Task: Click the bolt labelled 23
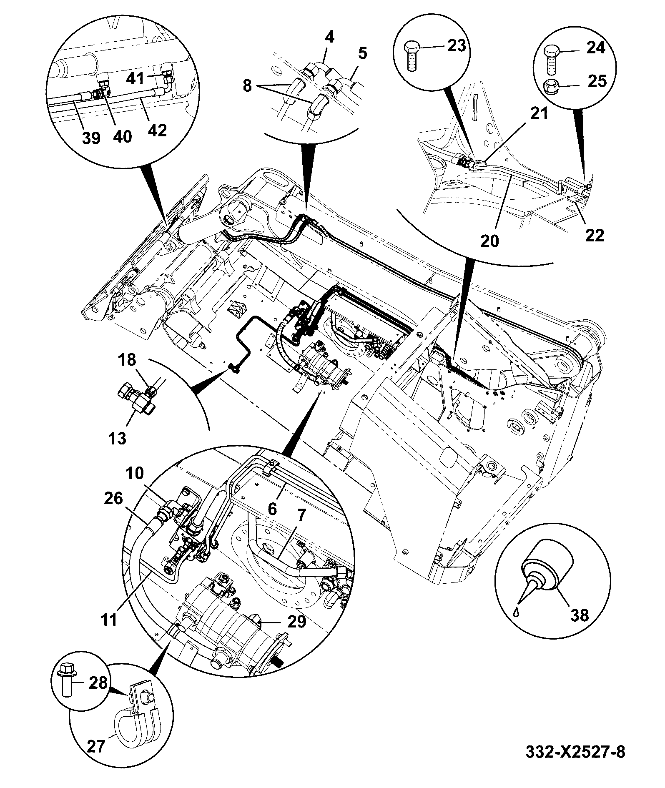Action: [x=457, y=45]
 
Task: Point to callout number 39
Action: [x=91, y=138]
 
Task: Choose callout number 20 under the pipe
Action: [x=490, y=241]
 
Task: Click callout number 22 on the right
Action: [x=595, y=236]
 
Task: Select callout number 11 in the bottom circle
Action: [x=109, y=619]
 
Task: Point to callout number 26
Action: [x=113, y=499]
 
